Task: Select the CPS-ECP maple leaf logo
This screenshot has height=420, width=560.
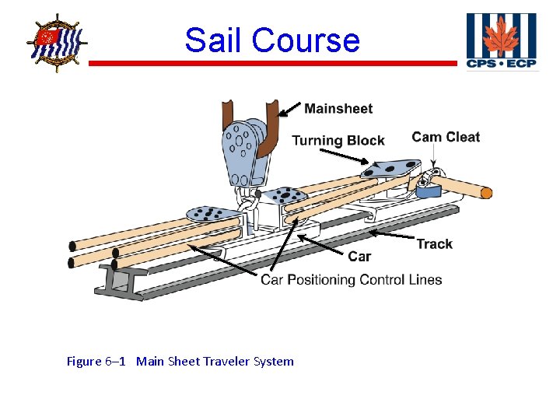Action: (501, 41)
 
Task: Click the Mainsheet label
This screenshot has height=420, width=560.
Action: (338, 109)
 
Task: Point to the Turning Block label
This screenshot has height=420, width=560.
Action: (338, 141)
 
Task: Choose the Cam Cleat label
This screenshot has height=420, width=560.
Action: (446, 138)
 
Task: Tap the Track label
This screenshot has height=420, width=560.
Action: (434, 244)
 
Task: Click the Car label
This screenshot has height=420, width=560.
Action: (359, 257)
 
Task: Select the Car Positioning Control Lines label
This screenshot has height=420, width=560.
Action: (352, 280)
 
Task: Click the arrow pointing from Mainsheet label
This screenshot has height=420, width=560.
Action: (289, 110)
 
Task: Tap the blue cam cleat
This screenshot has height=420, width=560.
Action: (427, 187)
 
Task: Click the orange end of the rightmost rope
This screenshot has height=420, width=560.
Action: (486, 192)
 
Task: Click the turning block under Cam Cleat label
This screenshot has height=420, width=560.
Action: (389, 169)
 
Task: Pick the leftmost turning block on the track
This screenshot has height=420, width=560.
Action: (208, 212)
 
